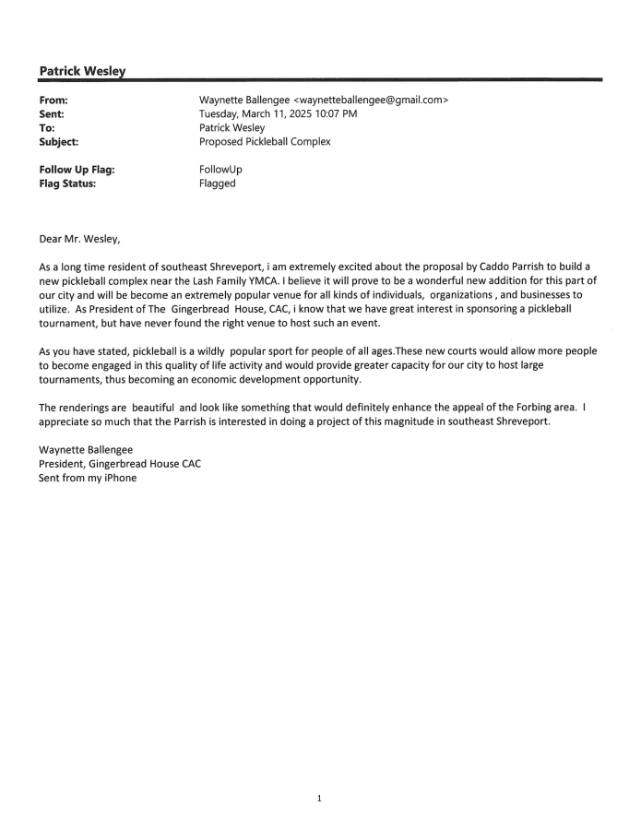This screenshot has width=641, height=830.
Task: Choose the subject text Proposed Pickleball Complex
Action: (x=266, y=143)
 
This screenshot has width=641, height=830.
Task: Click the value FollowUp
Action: (x=220, y=169)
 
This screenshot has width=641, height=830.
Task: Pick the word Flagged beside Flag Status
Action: (x=218, y=184)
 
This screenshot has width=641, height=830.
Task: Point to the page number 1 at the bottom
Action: (x=319, y=799)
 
